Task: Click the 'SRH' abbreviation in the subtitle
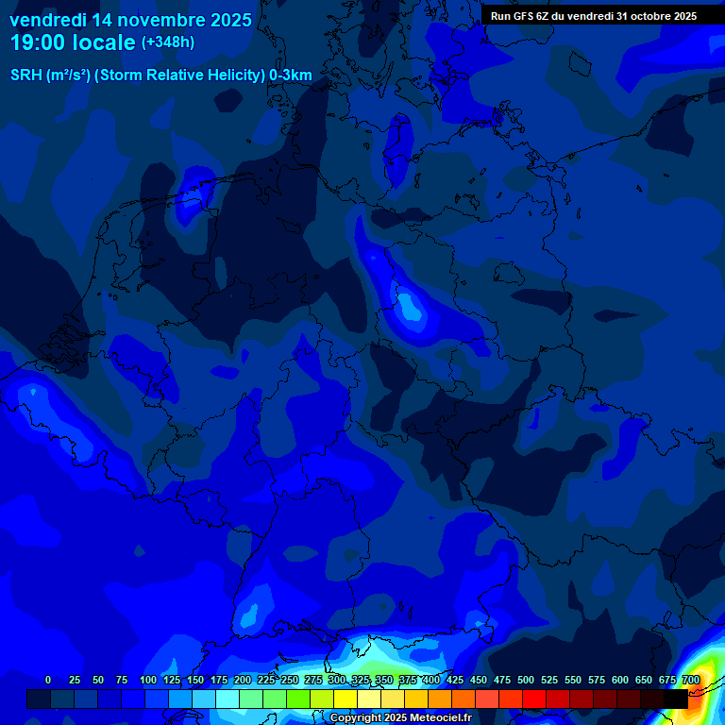[x=26, y=76]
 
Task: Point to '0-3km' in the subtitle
[x=291, y=76]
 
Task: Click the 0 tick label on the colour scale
[x=48, y=680]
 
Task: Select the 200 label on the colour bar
[x=243, y=680]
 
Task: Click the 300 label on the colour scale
[x=337, y=680]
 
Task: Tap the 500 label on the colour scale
[x=526, y=680]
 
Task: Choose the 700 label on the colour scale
[x=690, y=680]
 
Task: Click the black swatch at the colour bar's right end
[x=676, y=699]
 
